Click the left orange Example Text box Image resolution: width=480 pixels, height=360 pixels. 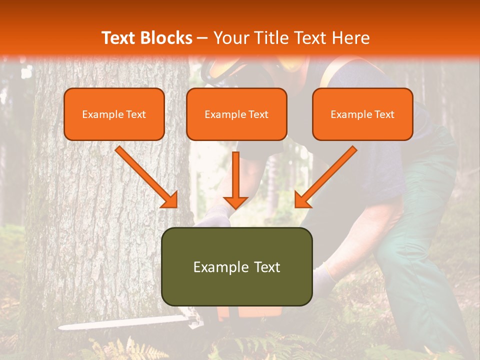[114, 114]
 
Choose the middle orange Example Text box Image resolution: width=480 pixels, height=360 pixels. [236, 114]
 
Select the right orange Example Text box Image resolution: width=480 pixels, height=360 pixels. [362, 114]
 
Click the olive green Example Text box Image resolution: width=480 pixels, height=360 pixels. [236, 266]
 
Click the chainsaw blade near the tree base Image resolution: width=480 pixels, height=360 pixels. [120, 323]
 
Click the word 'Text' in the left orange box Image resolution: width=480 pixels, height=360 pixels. [135, 114]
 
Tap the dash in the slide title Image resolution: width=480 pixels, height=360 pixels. [202, 38]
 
